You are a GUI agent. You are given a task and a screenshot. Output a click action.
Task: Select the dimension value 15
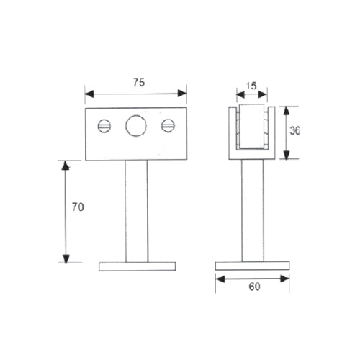[x=251, y=86]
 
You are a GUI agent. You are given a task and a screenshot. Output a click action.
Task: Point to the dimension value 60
[x=253, y=287]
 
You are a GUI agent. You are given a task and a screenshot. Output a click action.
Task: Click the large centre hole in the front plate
[x=135, y=127]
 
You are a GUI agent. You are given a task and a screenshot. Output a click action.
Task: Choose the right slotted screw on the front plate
[x=168, y=126]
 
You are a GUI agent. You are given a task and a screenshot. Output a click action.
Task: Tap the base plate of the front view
[x=136, y=266]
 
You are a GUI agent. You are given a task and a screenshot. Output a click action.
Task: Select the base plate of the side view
[x=253, y=266]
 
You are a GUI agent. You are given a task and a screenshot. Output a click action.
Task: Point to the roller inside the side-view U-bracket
[x=252, y=127]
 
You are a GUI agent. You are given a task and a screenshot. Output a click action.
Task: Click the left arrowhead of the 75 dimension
[x=89, y=92]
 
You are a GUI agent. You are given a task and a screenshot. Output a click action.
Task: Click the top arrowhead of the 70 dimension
[x=66, y=164]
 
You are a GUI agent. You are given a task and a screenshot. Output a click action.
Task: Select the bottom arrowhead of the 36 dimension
[x=287, y=157]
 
